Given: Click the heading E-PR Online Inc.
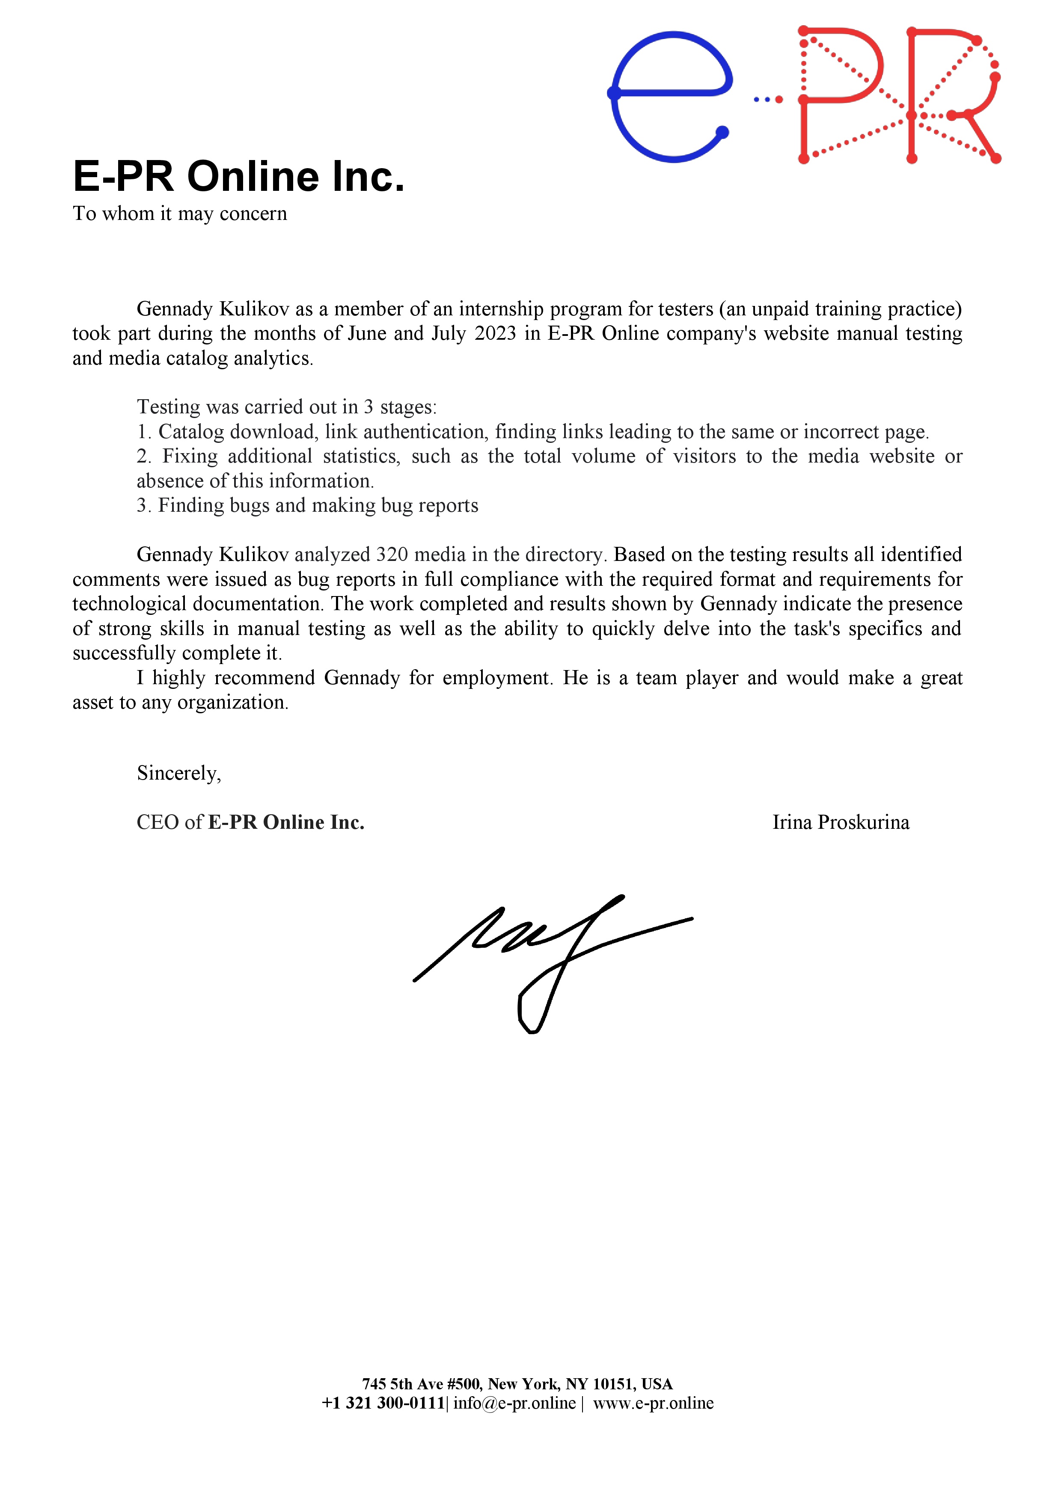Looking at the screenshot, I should point(239,177).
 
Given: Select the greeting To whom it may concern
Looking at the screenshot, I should point(180,214).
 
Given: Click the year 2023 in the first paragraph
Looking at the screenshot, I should point(495,333).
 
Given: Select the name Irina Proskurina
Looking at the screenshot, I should point(840,822).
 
